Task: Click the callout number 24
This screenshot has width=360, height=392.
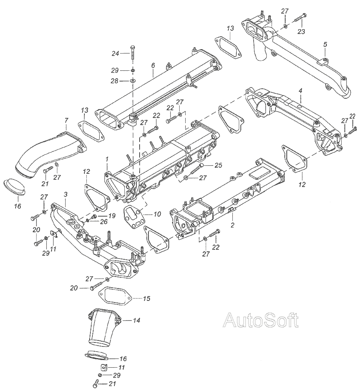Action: (x=116, y=54)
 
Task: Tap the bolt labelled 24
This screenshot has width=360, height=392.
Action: (x=132, y=54)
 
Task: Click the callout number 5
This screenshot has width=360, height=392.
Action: (x=325, y=44)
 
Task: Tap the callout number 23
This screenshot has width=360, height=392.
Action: (x=301, y=31)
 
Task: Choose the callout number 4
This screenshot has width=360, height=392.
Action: (x=300, y=91)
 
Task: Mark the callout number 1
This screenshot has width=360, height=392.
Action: (x=107, y=159)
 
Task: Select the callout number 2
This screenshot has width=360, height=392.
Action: (x=232, y=225)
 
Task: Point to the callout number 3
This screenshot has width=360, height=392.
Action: (x=65, y=194)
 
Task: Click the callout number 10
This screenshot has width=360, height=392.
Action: (x=157, y=214)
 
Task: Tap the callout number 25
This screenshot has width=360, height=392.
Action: (x=218, y=165)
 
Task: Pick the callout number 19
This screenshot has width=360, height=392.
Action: (x=112, y=215)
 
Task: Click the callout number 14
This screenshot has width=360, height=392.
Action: (x=136, y=320)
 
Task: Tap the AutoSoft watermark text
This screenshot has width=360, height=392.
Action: (x=260, y=320)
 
